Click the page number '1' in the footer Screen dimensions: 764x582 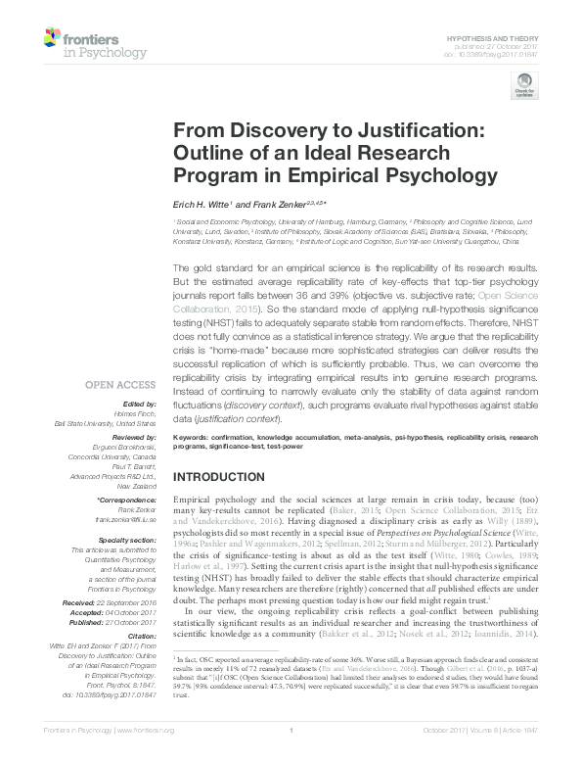(291, 757)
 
